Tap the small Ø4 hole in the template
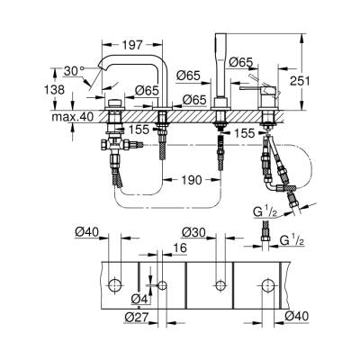point(162,286)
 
